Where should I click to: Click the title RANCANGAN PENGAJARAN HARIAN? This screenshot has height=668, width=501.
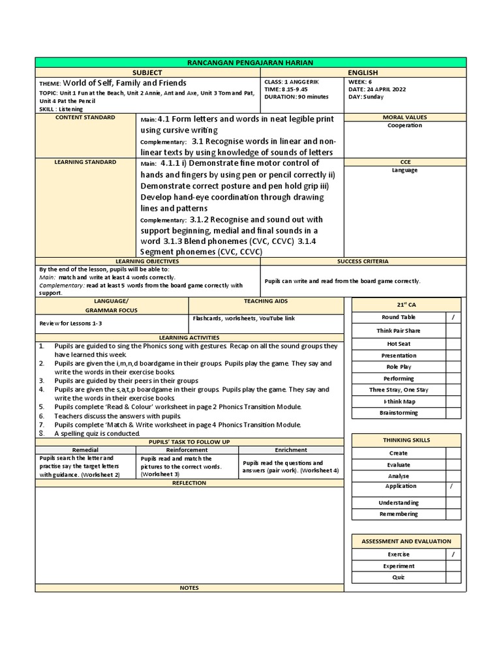pos(250,62)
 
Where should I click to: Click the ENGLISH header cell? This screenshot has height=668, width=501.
pos(363,72)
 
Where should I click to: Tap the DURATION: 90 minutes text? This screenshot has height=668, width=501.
pos(296,97)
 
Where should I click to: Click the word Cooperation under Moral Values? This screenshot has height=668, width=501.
pos(404,125)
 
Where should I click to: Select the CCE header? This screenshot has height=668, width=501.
pos(404,162)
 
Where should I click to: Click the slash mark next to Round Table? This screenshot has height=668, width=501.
pos(453,317)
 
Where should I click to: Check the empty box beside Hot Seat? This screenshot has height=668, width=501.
pos(453,343)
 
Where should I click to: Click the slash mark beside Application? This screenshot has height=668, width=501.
pos(453,487)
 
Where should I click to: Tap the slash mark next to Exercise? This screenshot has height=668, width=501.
pos(453,554)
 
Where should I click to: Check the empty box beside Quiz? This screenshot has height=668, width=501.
pos(453,577)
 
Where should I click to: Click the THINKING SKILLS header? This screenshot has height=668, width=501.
pos(406,440)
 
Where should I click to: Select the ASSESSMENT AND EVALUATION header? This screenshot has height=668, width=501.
pos(406,541)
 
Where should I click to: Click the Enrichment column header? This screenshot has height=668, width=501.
pos(291,450)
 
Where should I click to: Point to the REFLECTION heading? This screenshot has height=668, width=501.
pos(189,483)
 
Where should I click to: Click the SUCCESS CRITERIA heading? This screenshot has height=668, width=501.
pos(363,262)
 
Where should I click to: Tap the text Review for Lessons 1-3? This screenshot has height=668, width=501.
pos(70,323)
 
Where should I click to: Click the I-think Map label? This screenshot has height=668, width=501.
pos(399,401)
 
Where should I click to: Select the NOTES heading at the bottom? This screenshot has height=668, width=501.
pos(189,588)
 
